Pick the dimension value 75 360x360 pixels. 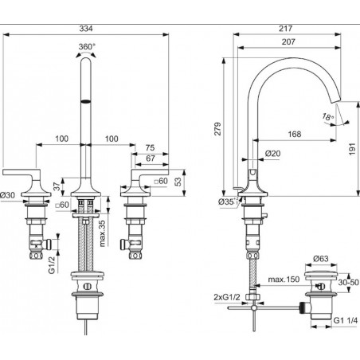151,148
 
